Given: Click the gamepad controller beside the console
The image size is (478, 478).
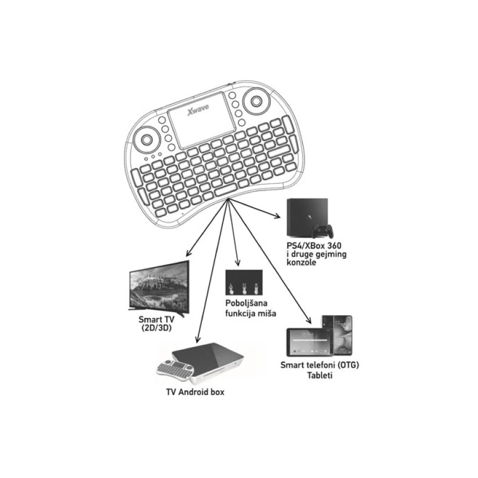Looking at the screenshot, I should point(323,231).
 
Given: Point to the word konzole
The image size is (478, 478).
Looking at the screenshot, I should point(302,263).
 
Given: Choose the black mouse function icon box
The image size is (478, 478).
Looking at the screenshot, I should point(243,283).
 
